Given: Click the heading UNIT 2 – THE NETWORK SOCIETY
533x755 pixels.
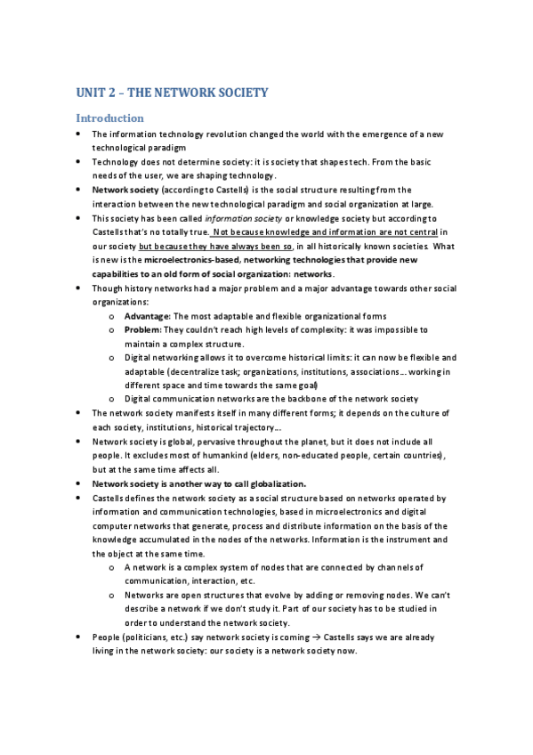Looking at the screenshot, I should pos(172,93).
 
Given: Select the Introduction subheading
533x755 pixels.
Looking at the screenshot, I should pos(109,118).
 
